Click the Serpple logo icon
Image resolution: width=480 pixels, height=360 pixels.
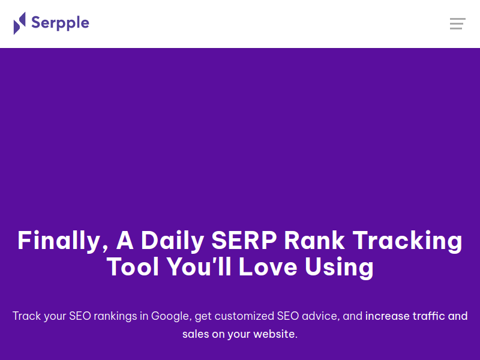[20, 23]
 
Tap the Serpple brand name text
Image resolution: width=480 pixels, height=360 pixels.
[61, 23]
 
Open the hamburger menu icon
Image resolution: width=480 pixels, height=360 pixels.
[458, 24]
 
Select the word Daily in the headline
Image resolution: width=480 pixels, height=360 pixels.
[172, 241]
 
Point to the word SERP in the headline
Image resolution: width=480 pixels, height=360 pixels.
[244, 241]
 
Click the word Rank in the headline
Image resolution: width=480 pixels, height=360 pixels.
[314, 241]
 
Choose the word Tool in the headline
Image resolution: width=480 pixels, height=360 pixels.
[133, 266]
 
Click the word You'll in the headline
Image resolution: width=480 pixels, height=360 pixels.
[199, 266]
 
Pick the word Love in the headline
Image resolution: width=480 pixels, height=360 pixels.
[268, 266]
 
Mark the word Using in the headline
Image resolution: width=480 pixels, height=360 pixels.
[339, 268]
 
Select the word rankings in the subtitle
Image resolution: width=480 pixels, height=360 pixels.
[115, 316]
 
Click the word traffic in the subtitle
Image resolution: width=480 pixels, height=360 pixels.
[429, 316]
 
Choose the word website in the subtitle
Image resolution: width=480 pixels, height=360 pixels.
[275, 334]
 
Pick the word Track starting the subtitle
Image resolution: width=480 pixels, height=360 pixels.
[26, 316]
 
